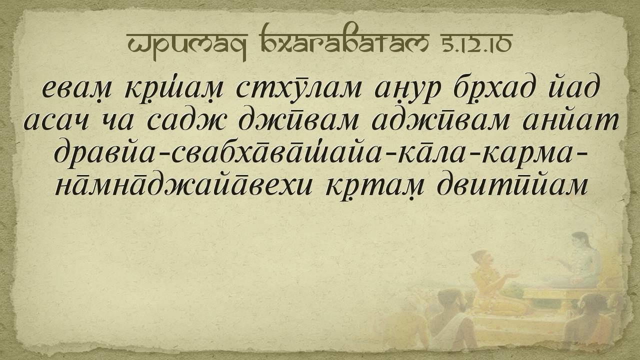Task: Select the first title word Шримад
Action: click(187, 45)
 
